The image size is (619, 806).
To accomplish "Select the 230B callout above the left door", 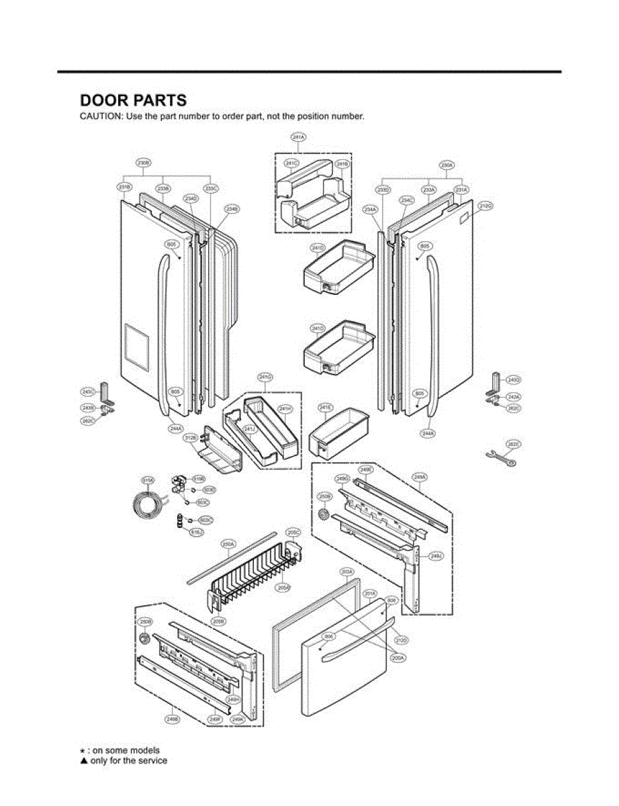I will tap(143, 163).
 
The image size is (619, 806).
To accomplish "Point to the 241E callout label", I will tap(325, 407).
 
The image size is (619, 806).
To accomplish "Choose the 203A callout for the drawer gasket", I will tap(346, 572).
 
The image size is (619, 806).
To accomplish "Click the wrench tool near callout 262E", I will tap(499, 457).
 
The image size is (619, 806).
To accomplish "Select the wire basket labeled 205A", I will tap(255, 564).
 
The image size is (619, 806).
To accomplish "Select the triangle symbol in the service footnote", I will tap(84, 761).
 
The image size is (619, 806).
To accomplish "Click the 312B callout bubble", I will tap(190, 437).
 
